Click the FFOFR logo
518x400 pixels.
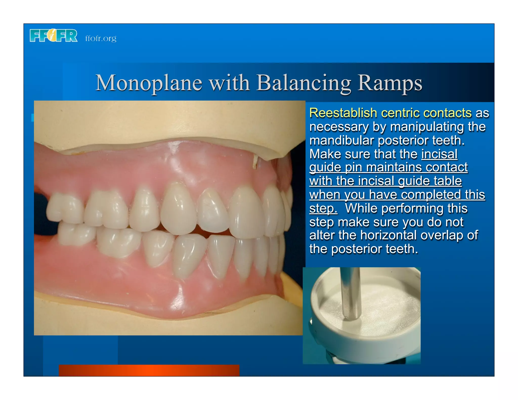54,36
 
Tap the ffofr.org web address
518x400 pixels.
101,38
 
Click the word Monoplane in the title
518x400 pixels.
148,83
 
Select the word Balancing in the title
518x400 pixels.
304,83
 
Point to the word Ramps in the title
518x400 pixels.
390,83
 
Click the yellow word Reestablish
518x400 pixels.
343,113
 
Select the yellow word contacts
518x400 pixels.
447,113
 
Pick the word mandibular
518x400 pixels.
341,141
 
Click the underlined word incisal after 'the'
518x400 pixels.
439,154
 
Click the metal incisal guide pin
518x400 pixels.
350,293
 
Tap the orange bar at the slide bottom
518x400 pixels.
149,370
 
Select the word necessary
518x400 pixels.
339,127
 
